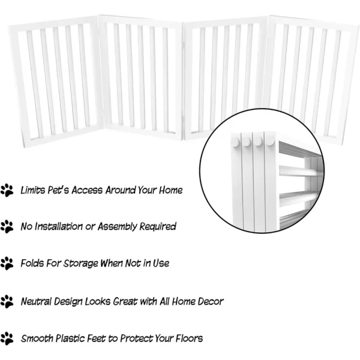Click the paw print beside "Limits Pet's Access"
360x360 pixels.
click(7, 190)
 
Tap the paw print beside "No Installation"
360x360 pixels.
click(7, 227)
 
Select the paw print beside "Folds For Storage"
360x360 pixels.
click(7, 263)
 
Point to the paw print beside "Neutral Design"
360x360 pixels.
click(7, 301)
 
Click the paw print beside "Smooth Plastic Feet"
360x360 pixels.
click(7, 338)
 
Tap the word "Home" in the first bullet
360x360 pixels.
click(171, 190)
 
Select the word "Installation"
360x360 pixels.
click(59, 226)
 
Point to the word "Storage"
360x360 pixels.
click(80, 263)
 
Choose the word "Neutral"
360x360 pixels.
click(36, 301)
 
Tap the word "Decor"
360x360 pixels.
click(211, 301)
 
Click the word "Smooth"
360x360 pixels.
click(37, 338)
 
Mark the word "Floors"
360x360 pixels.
click(189, 338)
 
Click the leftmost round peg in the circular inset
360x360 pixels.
click(235, 142)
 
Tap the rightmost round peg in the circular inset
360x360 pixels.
click(270, 142)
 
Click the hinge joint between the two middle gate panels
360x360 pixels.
click(183, 80)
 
